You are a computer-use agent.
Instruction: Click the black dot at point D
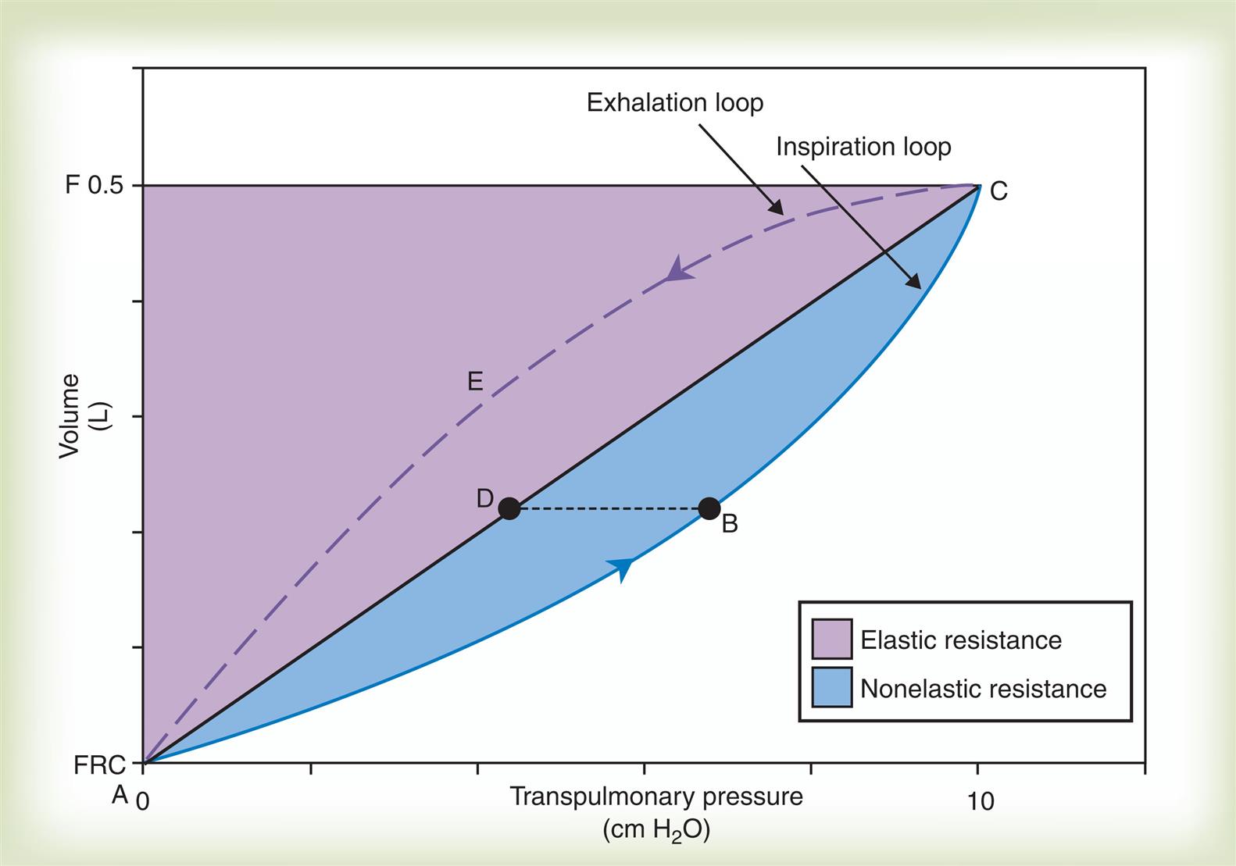[x=509, y=509]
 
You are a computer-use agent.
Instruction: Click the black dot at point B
[x=709, y=509]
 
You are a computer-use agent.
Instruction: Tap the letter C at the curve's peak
[x=998, y=191]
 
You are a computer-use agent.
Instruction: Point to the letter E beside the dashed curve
[x=475, y=382]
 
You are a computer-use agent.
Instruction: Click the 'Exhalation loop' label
[x=674, y=103]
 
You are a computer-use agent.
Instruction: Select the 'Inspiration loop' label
[x=863, y=147]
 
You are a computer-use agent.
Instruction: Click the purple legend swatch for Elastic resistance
[x=831, y=639]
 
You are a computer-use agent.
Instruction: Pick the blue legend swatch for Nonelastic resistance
[x=831, y=687]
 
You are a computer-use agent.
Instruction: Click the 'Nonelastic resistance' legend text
[x=983, y=689]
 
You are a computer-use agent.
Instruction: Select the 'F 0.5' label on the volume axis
[x=95, y=186]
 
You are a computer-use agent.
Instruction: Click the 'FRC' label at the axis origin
[x=99, y=765]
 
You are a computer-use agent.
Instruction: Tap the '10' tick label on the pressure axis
[x=980, y=801]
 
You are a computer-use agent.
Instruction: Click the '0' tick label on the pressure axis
[x=142, y=801]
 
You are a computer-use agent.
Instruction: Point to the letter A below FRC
[x=120, y=795]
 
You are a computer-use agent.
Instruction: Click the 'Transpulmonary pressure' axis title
[x=656, y=797]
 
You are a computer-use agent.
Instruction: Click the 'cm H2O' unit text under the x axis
[x=656, y=829]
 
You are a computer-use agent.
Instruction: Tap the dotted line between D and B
[x=609, y=509]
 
